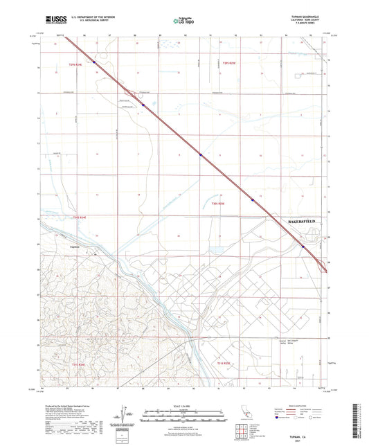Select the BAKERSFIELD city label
click(x=300, y=221)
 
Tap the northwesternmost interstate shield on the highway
click(x=94, y=62)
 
